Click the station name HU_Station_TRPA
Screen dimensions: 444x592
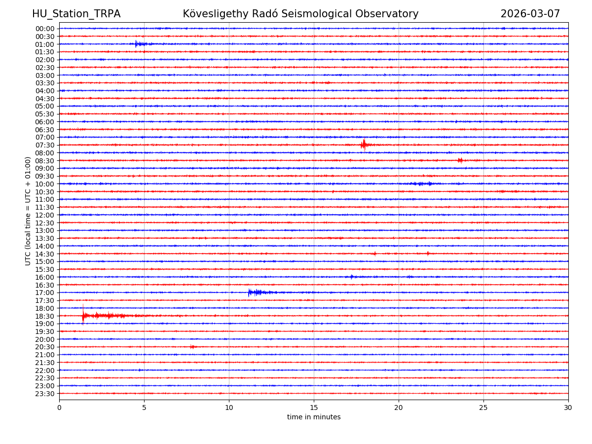tap(76, 14)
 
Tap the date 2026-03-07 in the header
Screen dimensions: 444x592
tap(530, 14)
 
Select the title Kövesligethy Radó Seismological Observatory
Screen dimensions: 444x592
tap(300, 14)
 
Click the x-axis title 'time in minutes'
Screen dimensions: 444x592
tap(314, 417)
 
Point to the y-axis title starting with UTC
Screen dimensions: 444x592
tap(28, 211)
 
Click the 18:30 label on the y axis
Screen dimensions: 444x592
tap(44, 316)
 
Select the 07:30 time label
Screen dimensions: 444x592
tap(44, 145)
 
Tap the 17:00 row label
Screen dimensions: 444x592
tap(44, 293)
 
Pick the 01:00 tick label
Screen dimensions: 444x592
tap(44, 44)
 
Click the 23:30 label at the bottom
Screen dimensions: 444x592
tap(44, 394)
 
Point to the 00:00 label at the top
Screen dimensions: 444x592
tap(44, 29)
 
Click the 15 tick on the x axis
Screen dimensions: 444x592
tap(314, 407)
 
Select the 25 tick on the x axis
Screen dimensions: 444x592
tap(483, 407)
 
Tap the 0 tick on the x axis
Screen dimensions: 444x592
tap(59, 407)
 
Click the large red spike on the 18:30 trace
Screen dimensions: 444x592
tap(83, 315)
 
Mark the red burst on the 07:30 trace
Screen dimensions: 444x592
tap(364, 145)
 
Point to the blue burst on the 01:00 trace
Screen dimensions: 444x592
tap(139, 44)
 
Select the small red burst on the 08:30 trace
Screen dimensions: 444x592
tap(460, 160)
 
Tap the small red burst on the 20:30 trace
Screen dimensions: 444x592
tap(192, 347)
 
